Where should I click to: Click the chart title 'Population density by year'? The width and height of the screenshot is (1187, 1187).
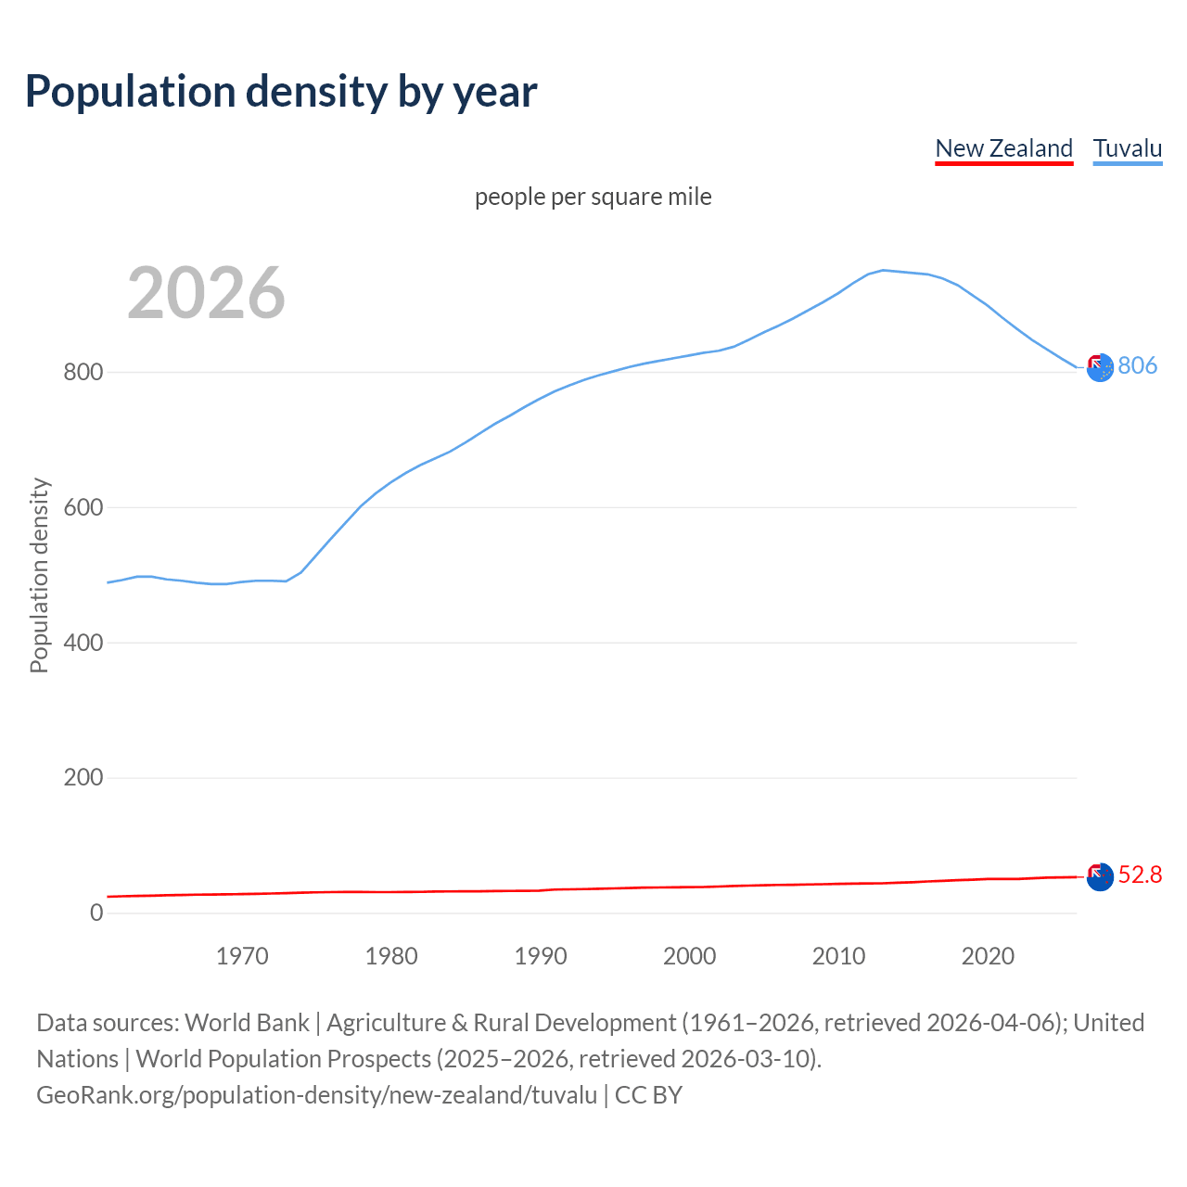pyautogui.click(x=281, y=92)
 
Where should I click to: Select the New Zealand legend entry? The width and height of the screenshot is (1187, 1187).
pyautogui.click(x=1003, y=148)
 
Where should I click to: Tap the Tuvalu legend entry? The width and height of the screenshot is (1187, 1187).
pyautogui.click(x=1127, y=148)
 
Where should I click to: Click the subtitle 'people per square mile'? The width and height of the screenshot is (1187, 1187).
pyautogui.click(x=593, y=198)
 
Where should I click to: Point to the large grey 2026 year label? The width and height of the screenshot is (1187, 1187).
pyautogui.click(x=206, y=293)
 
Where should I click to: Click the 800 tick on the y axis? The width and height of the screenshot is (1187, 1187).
pyautogui.click(x=83, y=373)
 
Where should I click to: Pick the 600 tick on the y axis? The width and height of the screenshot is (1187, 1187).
pyautogui.click(x=83, y=508)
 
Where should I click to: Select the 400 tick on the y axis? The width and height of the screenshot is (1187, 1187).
pyautogui.click(x=83, y=643)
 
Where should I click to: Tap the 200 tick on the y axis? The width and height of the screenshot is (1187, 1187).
pyautogui.click(x=83, y=778)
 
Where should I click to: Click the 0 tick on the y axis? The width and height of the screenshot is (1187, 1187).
pyautogui.click(x=96, y=913)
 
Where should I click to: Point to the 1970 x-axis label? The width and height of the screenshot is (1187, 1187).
pyautogui.click(x=242, y=956)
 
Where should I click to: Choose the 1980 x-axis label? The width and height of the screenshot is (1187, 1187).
pyautogui.click(x=391, y=956)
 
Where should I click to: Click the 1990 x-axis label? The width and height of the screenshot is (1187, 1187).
pyautogui.click(x=541, y=956)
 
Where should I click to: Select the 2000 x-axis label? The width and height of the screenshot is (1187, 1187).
pyautogui.click(x=689, y=956)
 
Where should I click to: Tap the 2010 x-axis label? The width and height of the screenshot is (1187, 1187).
pyautogui.click(x=838, y=956)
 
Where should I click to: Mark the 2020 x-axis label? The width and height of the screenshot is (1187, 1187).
pyautogui.click(x=988, y=956)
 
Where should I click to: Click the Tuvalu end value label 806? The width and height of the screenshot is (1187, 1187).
pyautogui.click(x=1137, y=366)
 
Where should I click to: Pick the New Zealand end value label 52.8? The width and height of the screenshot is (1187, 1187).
pyautogui.click(x=1140, y=875)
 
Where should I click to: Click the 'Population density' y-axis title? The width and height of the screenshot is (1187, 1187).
pyautogui.click(x=39, y=575)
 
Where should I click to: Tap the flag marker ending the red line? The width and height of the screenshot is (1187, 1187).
pyautogui.click(x=1099, y=876)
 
